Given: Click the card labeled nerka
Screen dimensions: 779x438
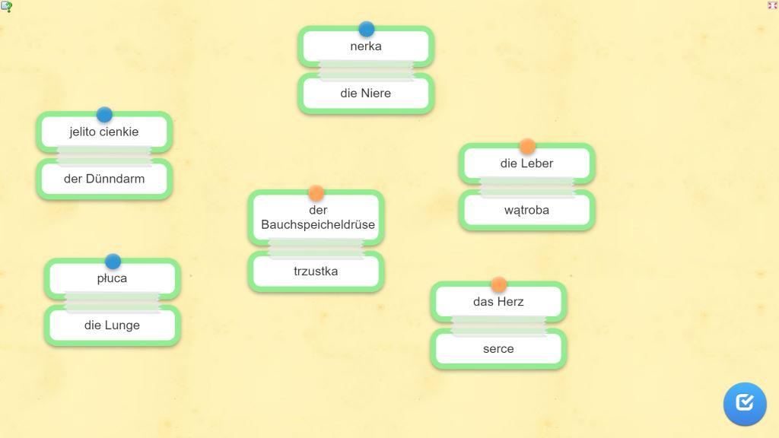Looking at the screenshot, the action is (x=366, y=46).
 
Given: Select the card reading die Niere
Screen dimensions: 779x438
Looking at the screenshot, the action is (x=366, y=94).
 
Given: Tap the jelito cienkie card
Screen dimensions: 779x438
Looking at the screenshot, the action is (x=104, y=132).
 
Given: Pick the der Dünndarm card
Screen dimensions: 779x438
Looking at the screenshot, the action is (x=104, y=179).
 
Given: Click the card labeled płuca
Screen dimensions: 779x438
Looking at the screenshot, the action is (x=113, y=278).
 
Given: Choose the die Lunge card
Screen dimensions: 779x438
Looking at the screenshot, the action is (x=113, y=325).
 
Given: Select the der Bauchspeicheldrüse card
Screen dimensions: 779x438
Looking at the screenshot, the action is (x=316, y=217).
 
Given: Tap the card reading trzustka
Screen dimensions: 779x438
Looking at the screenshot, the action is (x=316, y=271).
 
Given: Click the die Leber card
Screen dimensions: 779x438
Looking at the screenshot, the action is (x=527, y=163).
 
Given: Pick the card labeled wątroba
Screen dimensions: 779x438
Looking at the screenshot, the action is (x=527, y=210).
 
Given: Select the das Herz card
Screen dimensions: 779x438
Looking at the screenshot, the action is (x=499, y=302).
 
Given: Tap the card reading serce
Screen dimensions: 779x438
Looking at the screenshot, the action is (x=499, y=348).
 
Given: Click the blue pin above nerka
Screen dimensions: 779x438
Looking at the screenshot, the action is (x=367, y=29).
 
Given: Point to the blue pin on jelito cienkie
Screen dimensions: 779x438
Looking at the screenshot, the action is (x=104, y=115).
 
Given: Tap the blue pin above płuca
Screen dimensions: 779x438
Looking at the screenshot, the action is (x=113, y=262).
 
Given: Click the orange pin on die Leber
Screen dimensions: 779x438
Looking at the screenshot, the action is (x=527, y=146).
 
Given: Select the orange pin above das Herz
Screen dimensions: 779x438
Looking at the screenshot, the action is (x=499, y=284).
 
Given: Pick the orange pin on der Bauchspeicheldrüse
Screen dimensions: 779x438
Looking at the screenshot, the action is (x=316, y=192).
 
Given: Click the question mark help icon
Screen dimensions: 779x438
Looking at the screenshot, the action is (x=6, y=6).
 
